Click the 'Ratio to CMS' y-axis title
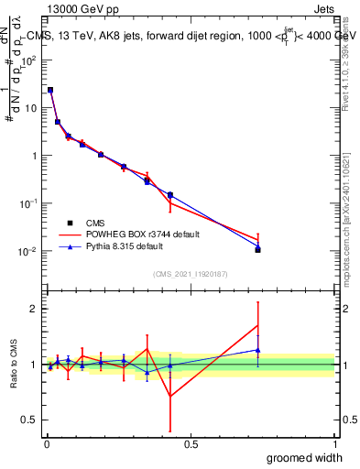click(x=15, y=365)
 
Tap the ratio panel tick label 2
click(x=35, y=309)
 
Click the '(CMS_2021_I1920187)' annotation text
click(x=191, y=273)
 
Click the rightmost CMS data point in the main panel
click(x=258, y=249)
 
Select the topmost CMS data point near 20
click(x=50, y=91)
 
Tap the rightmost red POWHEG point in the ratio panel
click(x=258, y=325)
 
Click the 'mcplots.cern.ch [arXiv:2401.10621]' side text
click(x=352, y=210)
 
